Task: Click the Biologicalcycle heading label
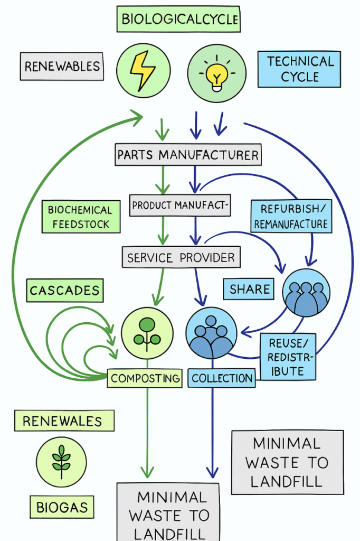[179, 20]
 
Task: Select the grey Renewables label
[62, 66]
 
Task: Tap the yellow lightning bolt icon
[143, 71]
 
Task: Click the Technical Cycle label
[299, 69]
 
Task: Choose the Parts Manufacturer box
[188, 155]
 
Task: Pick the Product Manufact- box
[181, 205]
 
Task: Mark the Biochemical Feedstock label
[80, 217]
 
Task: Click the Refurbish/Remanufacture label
[291, 216]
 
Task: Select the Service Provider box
[181, 257]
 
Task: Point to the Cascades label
[64, 291]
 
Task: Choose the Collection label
[222, 378]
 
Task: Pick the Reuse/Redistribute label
[288, 357]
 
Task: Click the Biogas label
[61, 508]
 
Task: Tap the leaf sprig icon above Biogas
[61, 462]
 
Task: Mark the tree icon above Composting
[147, 333]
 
